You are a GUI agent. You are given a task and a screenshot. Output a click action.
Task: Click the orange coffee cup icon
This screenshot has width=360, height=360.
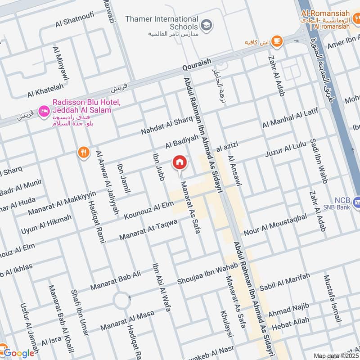click(277, 41)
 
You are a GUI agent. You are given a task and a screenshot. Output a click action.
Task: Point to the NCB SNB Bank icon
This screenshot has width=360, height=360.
click(356, 201)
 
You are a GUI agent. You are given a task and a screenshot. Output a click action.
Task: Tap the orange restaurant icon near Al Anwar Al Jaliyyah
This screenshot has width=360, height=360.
click(83, 153)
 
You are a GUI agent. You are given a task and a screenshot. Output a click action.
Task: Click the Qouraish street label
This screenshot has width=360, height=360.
click(197, 66)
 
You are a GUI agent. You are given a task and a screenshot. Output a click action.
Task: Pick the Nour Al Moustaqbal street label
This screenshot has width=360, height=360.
click(275, 225)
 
